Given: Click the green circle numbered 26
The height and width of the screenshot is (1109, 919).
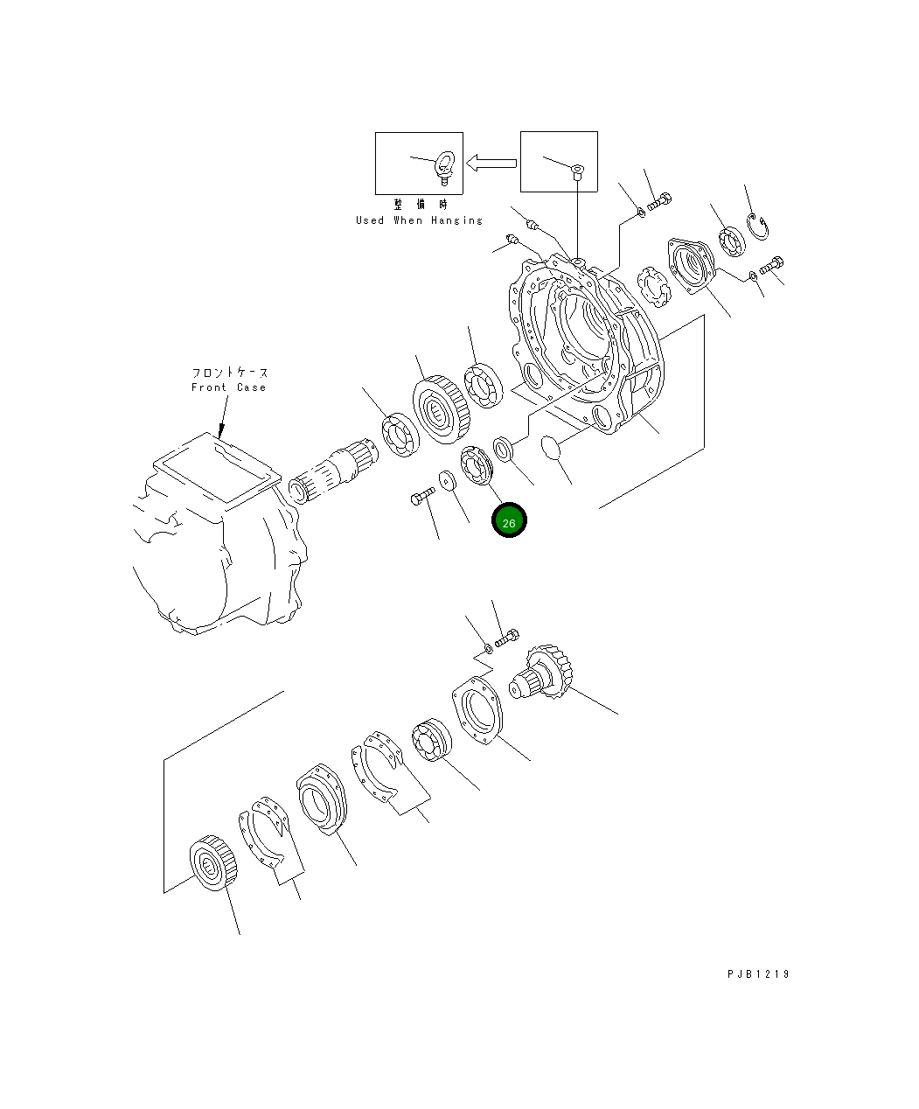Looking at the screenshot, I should pos(509,521).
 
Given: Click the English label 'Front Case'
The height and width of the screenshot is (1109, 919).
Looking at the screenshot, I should pos(228,387).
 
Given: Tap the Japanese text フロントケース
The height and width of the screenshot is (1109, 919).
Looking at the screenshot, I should pos(229,373).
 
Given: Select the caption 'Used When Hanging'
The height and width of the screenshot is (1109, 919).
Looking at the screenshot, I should pos(419,220).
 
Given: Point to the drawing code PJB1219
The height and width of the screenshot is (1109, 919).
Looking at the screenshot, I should pos(757,974).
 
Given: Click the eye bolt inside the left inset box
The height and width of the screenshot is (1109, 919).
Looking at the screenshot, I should pos(445,167).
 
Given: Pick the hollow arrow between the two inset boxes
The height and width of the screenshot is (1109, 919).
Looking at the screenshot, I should pos(491,163).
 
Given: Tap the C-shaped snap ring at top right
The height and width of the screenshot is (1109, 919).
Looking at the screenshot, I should pos(757,229).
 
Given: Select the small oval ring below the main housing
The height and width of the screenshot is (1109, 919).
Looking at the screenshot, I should pos(549,447).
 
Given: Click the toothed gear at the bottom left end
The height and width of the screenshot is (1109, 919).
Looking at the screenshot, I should pos(212,867).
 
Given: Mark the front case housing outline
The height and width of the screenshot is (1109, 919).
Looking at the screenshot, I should pos(219,542).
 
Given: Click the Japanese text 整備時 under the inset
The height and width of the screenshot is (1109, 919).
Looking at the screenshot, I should pos(420,205).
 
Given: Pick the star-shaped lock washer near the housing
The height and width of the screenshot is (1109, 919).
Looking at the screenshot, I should pos(653,286).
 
